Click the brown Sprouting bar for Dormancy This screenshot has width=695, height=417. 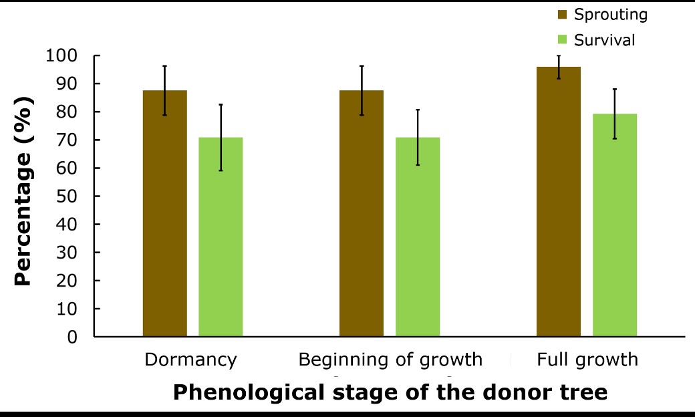coord(165,214)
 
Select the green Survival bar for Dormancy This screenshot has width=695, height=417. coord(221,237)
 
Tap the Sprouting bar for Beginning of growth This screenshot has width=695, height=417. coord(362,214)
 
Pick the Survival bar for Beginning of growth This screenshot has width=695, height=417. coord(418,237)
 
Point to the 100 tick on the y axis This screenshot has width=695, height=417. coord(61,56)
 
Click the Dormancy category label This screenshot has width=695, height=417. coord(190,360)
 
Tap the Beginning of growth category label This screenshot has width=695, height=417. coord(390,360)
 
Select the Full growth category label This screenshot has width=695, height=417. coord(587,360)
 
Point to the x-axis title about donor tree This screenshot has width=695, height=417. coord(390,392)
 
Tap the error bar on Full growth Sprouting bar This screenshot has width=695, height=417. coord(559,67)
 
